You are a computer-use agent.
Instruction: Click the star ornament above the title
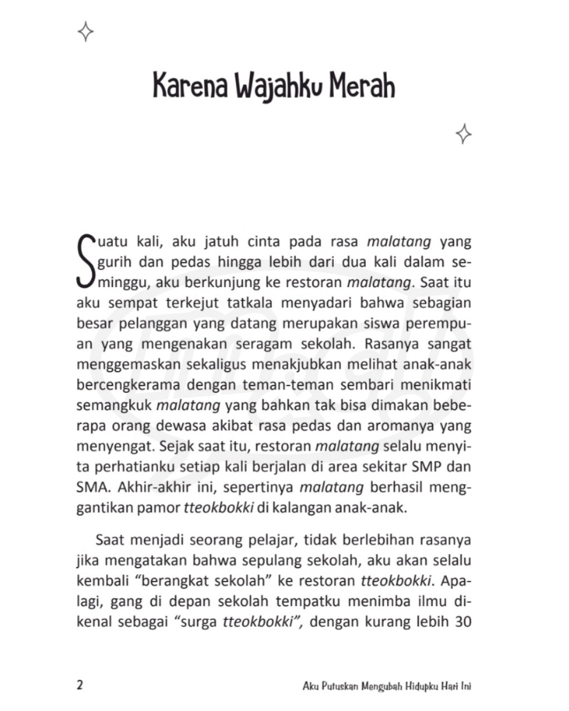coord(86,32)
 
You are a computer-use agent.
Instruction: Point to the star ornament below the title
coord(463,134)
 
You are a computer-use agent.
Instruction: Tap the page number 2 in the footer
coord(79,685)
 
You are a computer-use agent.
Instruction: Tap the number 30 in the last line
coord(463,622)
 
